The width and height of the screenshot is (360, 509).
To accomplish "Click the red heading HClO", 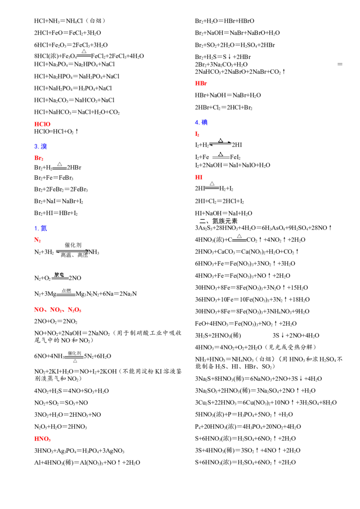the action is pos(42,124).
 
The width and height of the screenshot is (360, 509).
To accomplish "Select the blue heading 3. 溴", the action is pos(40,147).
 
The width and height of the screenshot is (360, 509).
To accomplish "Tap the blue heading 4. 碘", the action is pos(201,122).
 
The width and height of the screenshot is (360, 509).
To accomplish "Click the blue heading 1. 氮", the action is pos(40,228).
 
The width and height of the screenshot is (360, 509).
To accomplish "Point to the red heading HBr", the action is pos(201,84).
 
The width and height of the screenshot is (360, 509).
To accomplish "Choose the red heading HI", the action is pos(198,177).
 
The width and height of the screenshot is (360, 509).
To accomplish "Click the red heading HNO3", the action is pos(42,439).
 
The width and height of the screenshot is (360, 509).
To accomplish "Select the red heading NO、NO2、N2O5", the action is pos(58,310).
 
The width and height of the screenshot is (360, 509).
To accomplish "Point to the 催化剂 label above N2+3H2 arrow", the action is pos(73,245).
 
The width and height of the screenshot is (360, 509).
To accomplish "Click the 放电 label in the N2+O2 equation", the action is pos(59,275).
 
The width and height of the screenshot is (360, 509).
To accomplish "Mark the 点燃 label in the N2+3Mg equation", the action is pos(66,291).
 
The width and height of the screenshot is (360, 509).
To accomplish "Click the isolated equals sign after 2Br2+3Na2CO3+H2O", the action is pos(340,64).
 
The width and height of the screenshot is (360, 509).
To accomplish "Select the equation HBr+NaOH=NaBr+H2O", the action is pos(228,95).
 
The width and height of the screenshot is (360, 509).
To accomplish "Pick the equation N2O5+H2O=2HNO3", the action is pos(60,427).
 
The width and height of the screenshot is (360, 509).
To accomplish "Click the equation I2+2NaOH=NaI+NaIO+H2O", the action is pos(232,165).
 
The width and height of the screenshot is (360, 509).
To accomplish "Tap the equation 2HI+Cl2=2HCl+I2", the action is pos(219,201).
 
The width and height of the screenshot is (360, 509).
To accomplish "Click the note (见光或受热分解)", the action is pos(290,347).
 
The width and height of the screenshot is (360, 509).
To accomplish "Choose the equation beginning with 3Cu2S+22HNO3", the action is pos(266,403).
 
